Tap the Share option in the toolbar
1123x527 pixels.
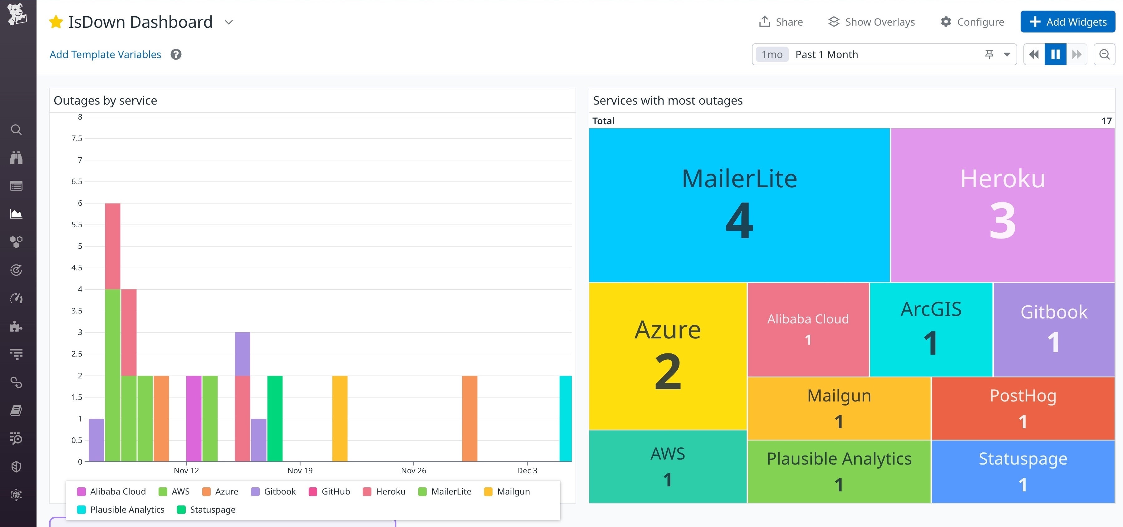[x=781, y=22]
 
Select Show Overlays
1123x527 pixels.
[x=871, y=22]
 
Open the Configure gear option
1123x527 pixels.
[x=972, y=22]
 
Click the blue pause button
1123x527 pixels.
[x=1055, y=55]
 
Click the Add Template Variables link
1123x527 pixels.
[x=105, y=55]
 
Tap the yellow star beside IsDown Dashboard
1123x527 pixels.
[x=56, y=22]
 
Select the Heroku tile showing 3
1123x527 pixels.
[x=1002, y=205]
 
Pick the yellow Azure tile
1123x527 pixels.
[x=667, y=355]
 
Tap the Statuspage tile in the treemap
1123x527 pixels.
[x=1023, y=471]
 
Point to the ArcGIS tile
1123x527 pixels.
[x=931, y=329]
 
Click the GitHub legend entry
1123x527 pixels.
[x=329, y=492]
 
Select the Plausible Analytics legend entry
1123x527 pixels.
[x=121, y=510]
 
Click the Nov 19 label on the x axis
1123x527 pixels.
[x=300, y=470]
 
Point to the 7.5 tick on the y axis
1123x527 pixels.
[x=77, y=138]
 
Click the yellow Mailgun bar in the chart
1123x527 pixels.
[x=340, y=418]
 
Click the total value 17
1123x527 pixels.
[x=1106, y=121]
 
